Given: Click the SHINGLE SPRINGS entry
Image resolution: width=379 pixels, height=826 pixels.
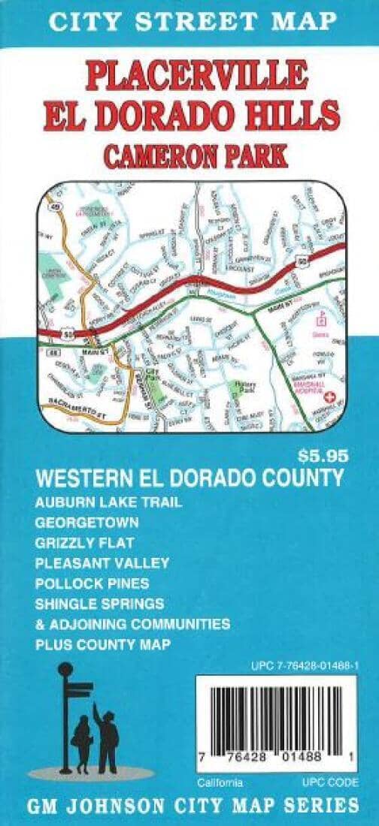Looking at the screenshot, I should (x=99, y=604).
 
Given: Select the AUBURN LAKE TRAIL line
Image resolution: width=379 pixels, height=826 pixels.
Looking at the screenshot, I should (x=108, y=502).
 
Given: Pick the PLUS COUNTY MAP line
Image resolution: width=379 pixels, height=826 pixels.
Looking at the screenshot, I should (x=102, y=644).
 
